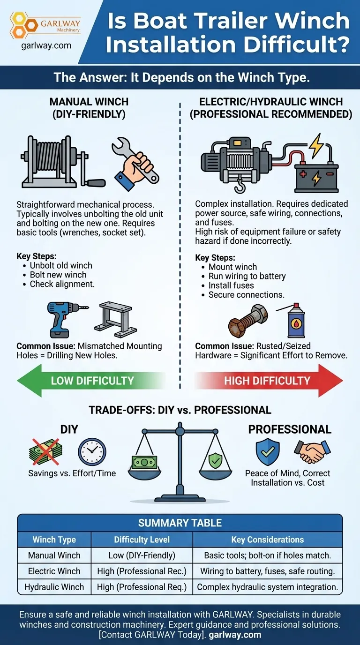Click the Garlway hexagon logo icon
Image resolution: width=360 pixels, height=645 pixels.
tap(23, 25)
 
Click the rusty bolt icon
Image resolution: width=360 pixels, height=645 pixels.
tap(248, 321)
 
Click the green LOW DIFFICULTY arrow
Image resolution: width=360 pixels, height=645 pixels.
tap(91, 381)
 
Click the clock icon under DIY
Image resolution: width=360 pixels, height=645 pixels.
tap(92, 452)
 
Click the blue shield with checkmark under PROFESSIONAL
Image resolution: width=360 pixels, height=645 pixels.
tap(268, 451)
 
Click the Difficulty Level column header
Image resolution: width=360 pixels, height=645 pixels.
tap(142, 540)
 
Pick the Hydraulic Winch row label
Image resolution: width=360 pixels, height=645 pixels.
tap(54, 586)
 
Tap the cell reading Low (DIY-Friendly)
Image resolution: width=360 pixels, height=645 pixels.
tap(142, 555)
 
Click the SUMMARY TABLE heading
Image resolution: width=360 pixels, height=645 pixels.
tap(180, 523)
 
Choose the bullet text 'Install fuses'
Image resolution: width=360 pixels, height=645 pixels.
tap(231, 285)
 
